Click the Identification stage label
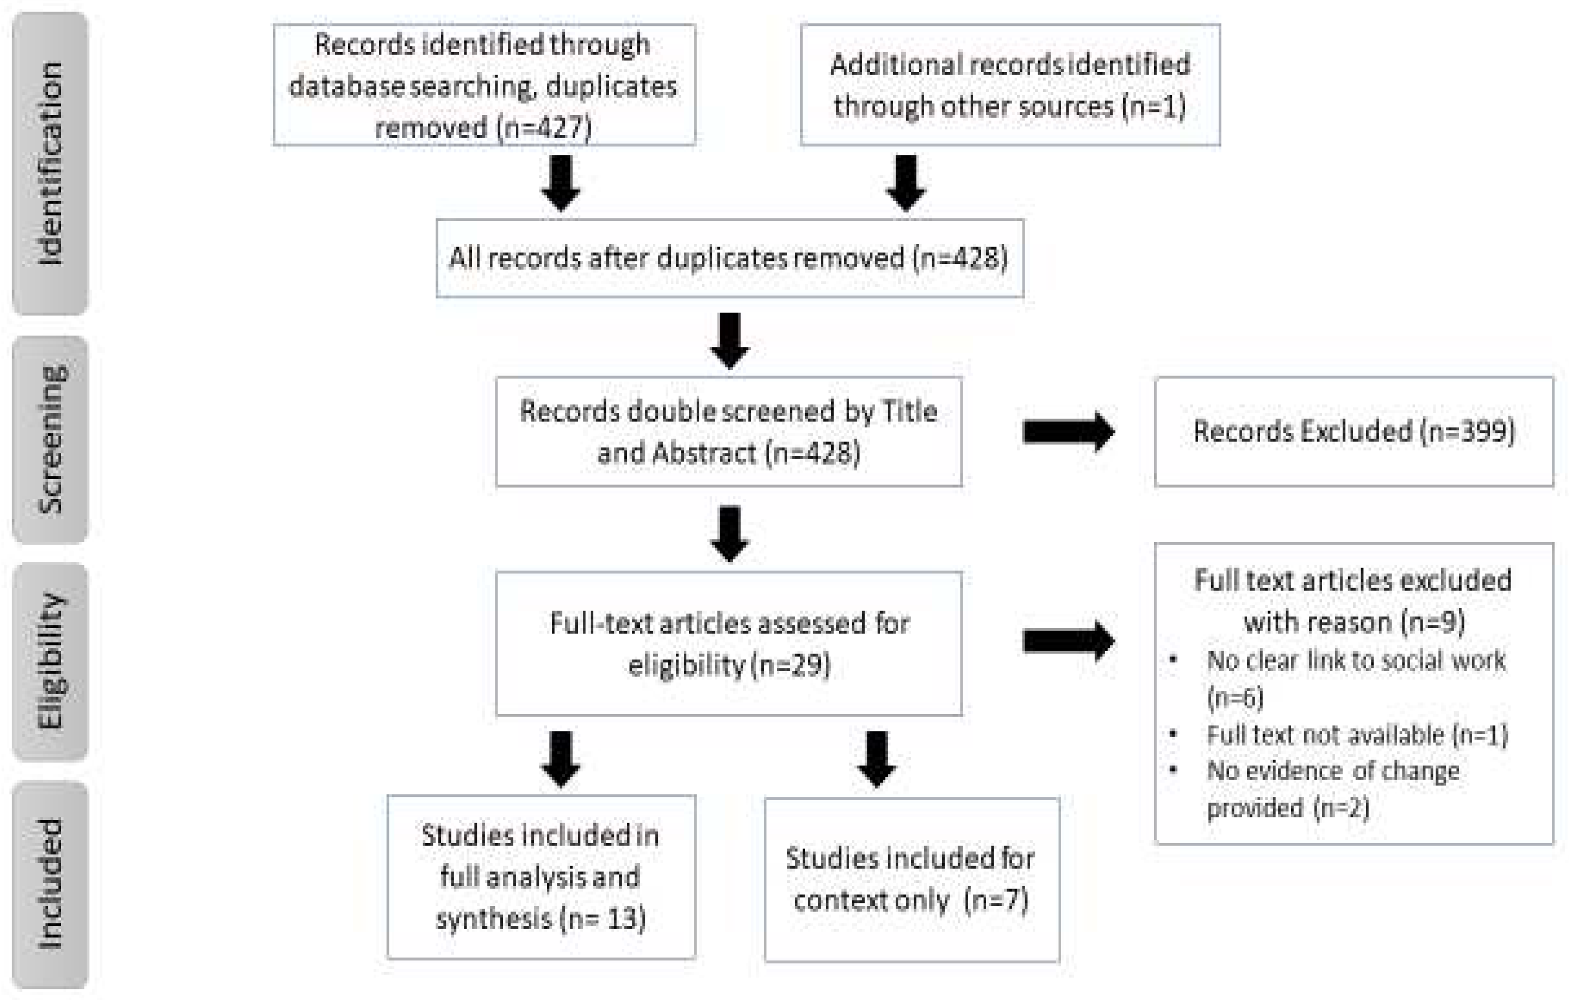[x=50, y=163]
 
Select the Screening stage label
[x=50, y=439]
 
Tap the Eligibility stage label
[x=50, y=661]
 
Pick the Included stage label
[x=50, y=884]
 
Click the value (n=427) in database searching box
[x=544, y=127]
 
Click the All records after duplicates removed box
[x=729, y=258]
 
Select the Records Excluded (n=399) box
[x=1354, y=431]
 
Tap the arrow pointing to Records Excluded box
[x=1068, y=431]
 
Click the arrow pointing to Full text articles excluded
[x=1068, y=641]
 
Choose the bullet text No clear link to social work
[x=1355, y=661]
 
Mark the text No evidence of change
[x=1333, y=771]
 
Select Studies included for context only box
[x=911, y=879]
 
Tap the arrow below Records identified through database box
[x=560, y=182]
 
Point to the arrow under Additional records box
[x=905, y=182]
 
